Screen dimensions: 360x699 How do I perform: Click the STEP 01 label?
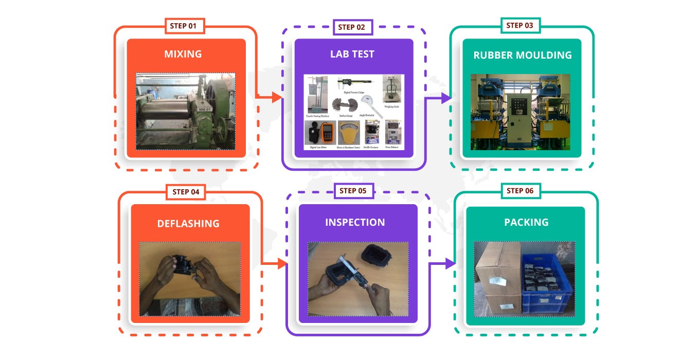coord(184,26)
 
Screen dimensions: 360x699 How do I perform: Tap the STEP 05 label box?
coord(353,191)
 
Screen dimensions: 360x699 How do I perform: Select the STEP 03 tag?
coord(520,26)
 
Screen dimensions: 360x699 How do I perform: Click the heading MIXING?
coord(183,54)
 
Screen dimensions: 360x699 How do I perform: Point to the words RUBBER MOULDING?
coord(522,55)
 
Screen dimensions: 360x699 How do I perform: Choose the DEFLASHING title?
coord(188,224)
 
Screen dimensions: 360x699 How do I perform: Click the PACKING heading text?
coord(526,222)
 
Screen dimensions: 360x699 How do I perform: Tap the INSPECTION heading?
coord(355,222)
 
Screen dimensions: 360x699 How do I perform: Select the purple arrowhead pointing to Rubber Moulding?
coord(445,98)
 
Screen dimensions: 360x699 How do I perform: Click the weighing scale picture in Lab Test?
coord(391,90)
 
